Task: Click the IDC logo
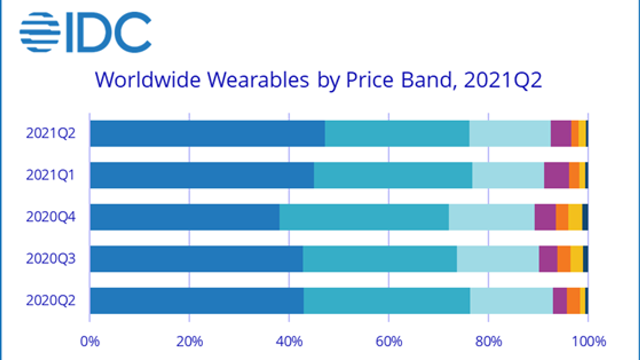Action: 85,32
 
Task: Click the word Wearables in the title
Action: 258,80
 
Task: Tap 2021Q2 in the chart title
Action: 503,80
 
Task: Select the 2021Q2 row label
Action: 51,133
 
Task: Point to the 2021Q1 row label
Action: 51,175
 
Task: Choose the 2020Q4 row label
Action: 51,217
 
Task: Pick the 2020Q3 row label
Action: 51,259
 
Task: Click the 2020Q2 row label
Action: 51,300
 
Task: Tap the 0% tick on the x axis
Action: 90,341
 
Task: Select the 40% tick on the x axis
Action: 289,341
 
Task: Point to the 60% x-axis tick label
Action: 388,341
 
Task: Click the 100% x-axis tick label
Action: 588,341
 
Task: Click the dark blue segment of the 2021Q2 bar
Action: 207,133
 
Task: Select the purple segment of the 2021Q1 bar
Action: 556,175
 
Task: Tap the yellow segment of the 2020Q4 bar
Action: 575,217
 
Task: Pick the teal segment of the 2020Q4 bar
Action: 364,217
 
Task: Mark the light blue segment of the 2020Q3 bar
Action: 498,259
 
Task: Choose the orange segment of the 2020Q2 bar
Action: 573,300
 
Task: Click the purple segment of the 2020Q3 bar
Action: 548,259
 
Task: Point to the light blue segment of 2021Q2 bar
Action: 510,133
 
